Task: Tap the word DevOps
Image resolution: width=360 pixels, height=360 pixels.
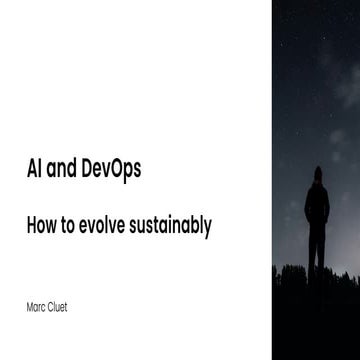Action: coord(112,172)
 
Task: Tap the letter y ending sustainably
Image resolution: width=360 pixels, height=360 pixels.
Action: coord(207,229)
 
